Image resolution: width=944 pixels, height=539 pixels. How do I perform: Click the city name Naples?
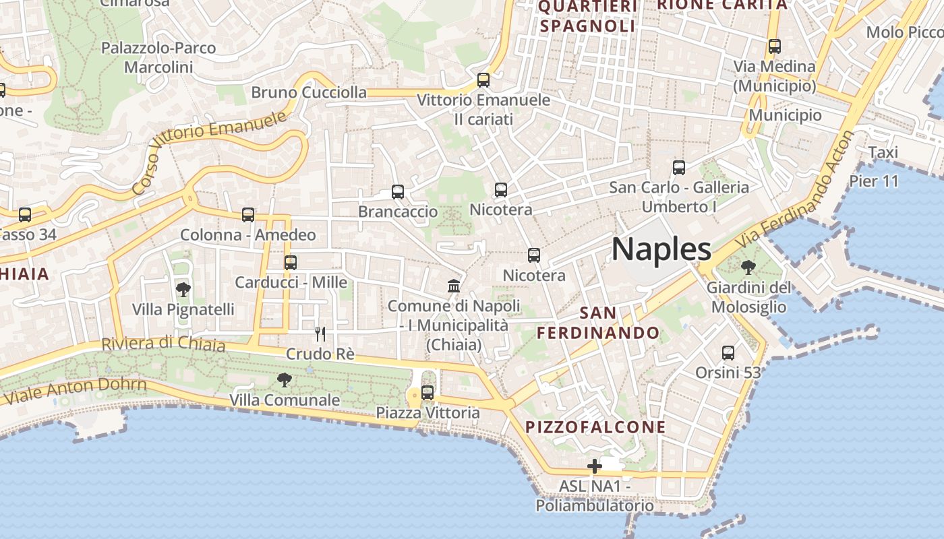661,250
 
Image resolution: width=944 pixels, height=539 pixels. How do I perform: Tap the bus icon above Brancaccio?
398,192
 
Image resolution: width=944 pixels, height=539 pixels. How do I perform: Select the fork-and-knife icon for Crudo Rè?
320,334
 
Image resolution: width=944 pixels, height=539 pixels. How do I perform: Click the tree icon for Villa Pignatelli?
183,290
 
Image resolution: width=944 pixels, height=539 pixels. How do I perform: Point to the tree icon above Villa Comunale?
285,380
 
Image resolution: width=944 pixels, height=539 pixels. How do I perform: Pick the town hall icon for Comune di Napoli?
454,286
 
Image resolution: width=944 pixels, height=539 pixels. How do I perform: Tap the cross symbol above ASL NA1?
594,466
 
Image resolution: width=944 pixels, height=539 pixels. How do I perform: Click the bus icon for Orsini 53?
728,352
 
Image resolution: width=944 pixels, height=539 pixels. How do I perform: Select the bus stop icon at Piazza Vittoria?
427,393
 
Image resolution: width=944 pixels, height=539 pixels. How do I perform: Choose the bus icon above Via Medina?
775,46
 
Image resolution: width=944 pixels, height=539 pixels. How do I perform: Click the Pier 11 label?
874,181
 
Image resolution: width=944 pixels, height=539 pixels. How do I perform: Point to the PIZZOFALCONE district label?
595,427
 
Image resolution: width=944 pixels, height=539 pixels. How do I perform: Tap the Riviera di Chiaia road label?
163,344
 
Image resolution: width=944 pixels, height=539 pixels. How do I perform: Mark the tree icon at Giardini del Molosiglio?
748,267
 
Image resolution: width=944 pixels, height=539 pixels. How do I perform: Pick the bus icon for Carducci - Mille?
291,263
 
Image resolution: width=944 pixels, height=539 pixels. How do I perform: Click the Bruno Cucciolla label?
309,92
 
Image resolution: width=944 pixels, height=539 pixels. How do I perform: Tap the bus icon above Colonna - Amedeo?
248,215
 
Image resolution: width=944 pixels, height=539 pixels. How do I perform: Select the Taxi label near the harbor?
883,152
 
